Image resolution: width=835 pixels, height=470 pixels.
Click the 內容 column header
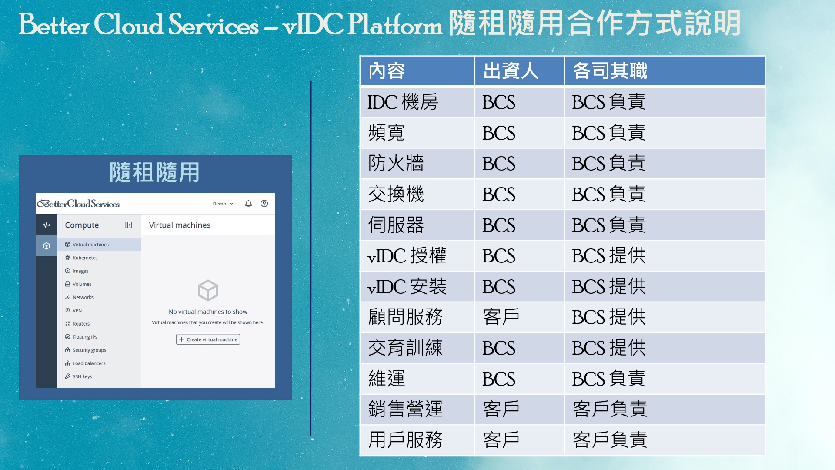(x=387, y=71)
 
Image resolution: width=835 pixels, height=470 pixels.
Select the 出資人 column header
(x=511, y=71)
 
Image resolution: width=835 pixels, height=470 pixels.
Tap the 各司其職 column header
(x=610, y=71)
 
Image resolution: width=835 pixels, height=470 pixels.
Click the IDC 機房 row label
(x=402, y=102)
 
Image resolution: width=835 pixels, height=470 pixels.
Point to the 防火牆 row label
(x=396, y=164)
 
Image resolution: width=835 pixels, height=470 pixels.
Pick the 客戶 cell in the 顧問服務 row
(x=501, y=317)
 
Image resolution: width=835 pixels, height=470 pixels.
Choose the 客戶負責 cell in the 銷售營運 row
(x=610, y=409)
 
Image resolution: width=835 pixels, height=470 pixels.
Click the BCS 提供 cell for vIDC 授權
(x=608, y=256)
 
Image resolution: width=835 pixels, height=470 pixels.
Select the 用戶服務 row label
(x=405, y=440)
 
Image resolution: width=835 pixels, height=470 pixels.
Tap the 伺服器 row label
(x=396, y=225)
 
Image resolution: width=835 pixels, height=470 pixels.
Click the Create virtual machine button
(x=208, y=339)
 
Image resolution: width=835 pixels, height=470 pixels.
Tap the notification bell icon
(x=248, y=204)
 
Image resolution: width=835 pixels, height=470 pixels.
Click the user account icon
(x=264, y=204)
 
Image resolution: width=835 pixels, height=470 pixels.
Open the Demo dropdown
(x=223, y=204)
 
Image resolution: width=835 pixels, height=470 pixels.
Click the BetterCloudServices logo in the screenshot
(x=78, y=204)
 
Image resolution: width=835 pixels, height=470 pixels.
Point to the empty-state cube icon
(x=208, y=290)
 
